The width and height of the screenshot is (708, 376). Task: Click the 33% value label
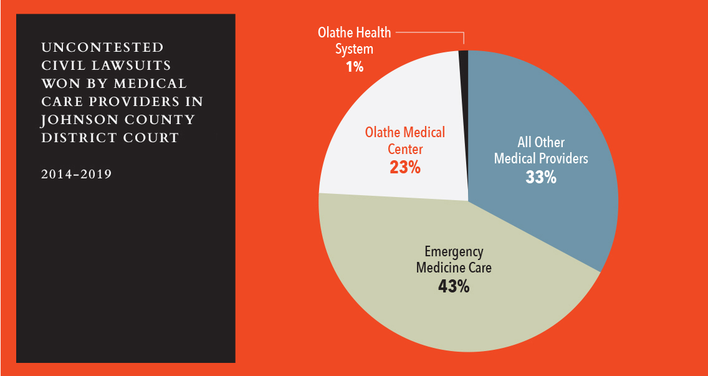540,177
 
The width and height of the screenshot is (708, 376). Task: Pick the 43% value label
454,287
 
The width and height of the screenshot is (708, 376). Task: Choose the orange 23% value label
405,167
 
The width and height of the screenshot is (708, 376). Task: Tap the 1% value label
355,66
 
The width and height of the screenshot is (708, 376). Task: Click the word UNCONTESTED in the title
103,47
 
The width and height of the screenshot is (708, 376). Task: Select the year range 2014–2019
77,174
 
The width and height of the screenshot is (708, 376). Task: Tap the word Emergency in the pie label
454,252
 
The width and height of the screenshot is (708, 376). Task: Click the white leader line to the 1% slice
430,32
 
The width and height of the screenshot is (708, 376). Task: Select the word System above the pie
354,49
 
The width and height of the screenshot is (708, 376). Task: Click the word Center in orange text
405,149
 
